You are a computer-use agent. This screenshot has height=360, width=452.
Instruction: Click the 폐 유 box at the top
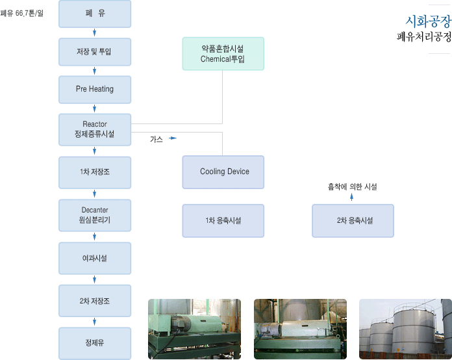tap(95, 14)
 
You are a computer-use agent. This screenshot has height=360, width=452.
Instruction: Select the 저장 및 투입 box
tap(95, 52)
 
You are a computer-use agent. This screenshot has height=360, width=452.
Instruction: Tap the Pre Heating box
tap(95, 90)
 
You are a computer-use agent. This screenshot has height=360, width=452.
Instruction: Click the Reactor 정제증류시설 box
tap(95, 129)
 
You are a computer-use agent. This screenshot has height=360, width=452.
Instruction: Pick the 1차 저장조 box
tap(95, 172)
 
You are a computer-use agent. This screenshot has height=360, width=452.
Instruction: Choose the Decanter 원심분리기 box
tap(95, 215)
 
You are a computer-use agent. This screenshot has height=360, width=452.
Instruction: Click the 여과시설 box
tap(95, 258)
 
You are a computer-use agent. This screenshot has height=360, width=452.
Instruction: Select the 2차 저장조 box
tap(95, 301)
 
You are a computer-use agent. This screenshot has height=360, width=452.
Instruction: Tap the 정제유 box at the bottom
tap(95, 343)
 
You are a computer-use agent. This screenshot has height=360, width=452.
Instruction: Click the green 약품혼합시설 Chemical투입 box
tap(223, 54)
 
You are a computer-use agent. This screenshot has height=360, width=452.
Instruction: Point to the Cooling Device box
tap(223, 172)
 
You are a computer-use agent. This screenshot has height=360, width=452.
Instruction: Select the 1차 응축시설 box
tap(223, 221)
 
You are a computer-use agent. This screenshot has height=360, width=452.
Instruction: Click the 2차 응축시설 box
tap(353, 221)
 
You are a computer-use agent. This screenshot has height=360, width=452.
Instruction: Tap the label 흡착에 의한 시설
tap(352, 187)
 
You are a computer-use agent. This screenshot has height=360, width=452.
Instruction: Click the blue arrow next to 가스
tap(173, 138)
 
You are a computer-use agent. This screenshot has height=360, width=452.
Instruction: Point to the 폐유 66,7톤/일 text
tap(22, 13)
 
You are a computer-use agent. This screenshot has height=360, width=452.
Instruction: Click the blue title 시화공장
tap(429, 21)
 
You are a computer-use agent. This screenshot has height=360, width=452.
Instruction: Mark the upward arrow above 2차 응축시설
tap(352, 197)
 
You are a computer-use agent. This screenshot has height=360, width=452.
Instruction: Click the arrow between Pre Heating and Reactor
tap(95, 109)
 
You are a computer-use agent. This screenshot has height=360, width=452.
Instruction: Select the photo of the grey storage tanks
tap(405, 329)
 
